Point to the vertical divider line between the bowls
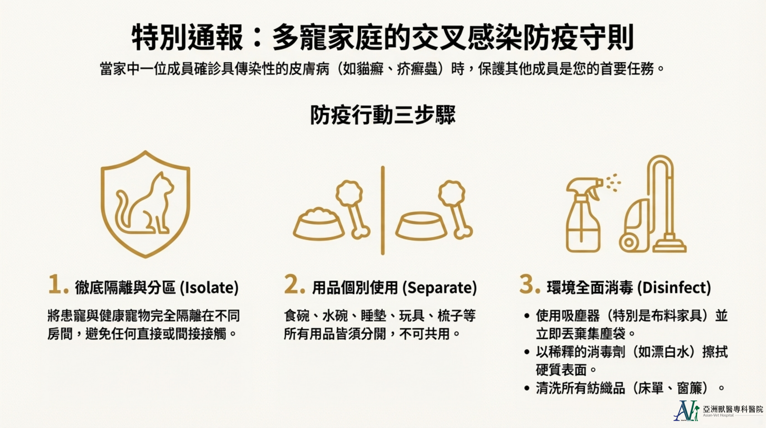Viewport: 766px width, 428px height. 383,210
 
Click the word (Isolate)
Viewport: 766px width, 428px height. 209,288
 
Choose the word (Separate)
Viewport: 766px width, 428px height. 439,288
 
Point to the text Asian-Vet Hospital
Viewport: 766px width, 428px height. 718,415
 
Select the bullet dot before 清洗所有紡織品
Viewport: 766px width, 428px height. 527,388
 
